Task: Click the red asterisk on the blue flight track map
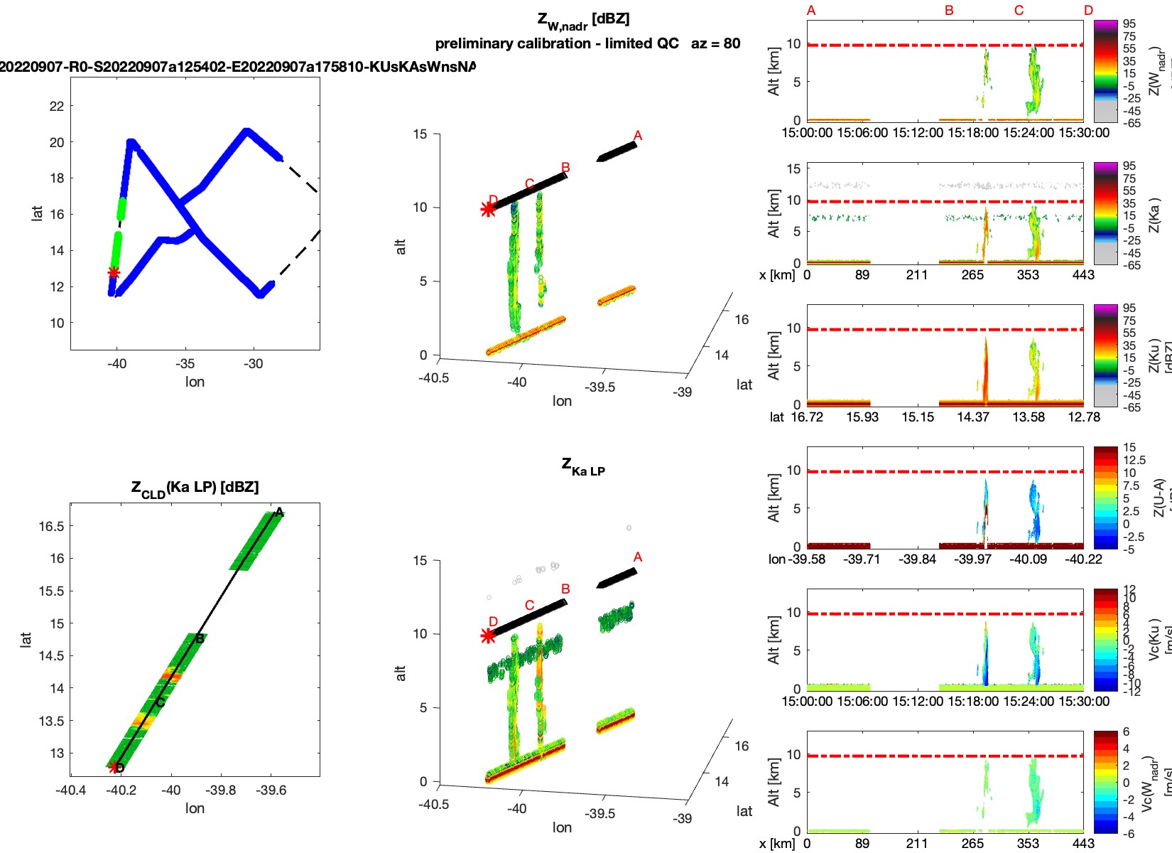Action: pos(114,272)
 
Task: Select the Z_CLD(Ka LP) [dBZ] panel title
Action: pos(195,488)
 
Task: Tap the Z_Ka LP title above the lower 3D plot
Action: pos(583,467)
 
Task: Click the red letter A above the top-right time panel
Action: pos(811,11)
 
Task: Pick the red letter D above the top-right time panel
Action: pos(1088,11)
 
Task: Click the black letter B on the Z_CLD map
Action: pos(200,638)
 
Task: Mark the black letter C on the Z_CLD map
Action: pos(161,702)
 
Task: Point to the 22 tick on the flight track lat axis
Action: pos(57,107)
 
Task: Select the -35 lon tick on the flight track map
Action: pos(185,364)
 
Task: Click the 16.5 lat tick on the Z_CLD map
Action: pos(51,527)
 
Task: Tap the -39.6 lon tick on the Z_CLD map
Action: pos(271,790)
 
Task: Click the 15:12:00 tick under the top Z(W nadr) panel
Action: pos(918,133)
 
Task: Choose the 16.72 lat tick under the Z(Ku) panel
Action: pos(807,417)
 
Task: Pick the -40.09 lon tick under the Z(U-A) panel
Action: pos(1028,559)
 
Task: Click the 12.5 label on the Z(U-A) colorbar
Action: pos(1134,461)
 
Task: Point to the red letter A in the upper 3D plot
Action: pos(638,136)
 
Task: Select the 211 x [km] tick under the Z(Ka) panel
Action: pos(917,275)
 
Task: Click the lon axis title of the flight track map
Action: pos(195,382)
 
